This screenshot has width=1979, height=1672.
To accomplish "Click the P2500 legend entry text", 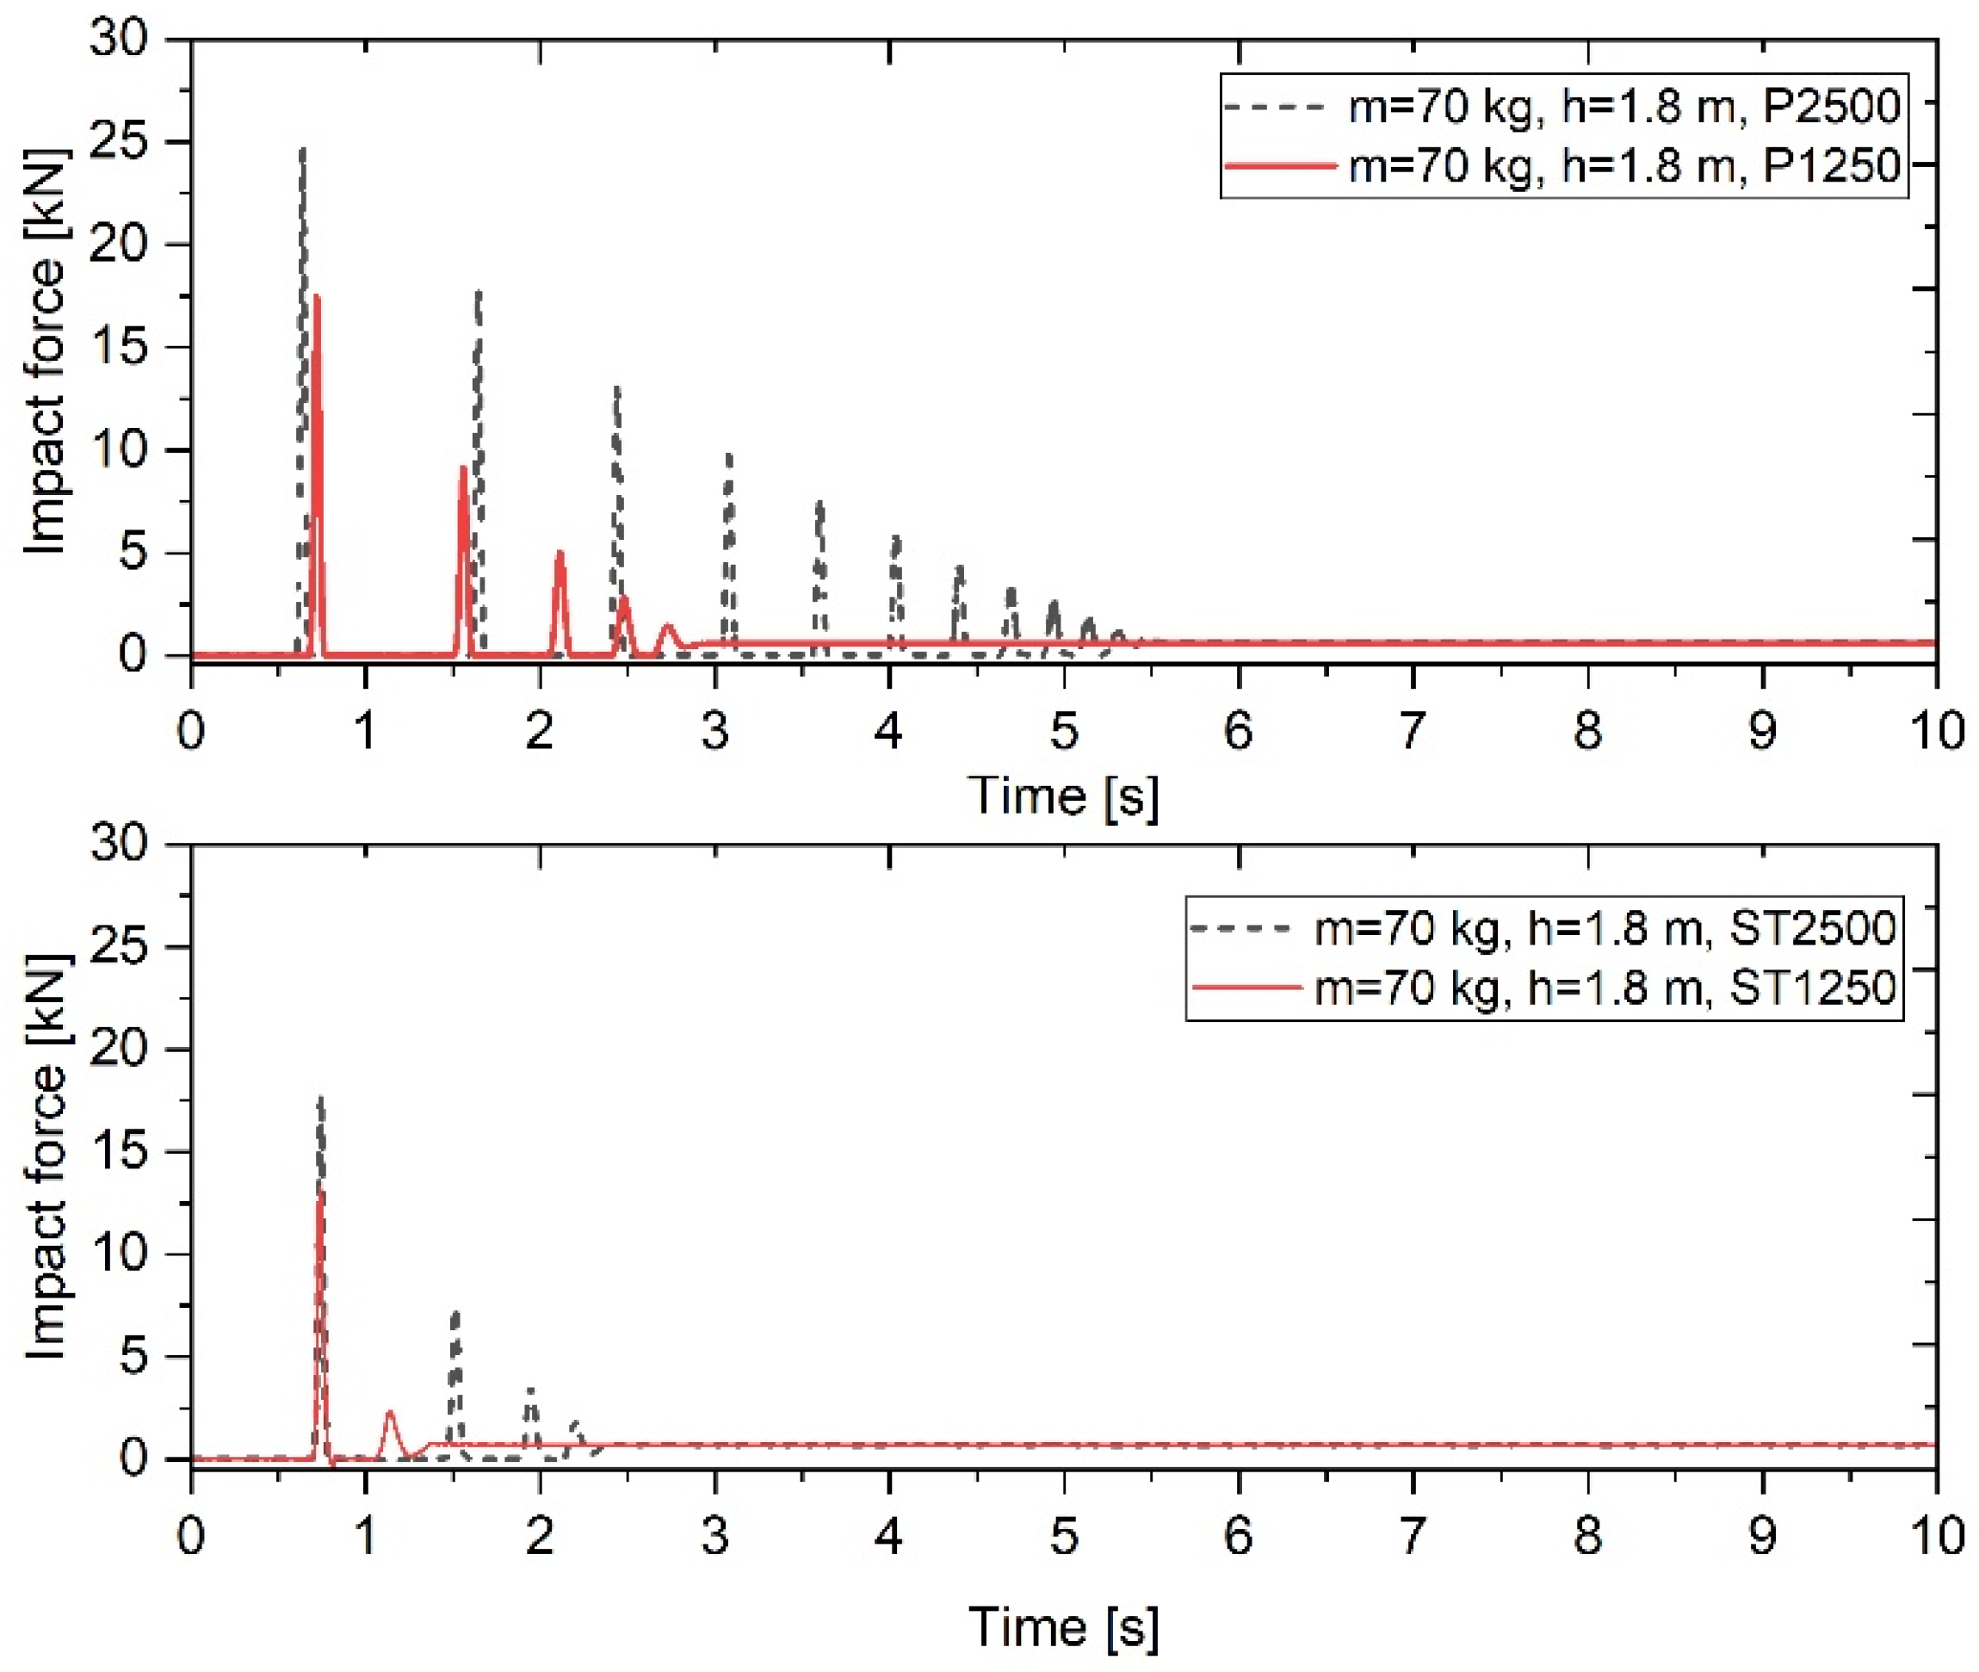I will coord(1624,106).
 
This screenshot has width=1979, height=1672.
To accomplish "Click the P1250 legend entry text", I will coord(1624,166).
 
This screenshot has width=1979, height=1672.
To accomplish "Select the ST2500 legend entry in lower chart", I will coord(1605,927).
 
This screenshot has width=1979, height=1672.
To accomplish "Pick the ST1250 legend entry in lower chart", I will coord(1605,988).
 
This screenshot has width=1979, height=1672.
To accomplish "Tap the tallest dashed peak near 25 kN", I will coord(302,152).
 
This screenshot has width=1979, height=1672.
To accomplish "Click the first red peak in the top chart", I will coord(317,300).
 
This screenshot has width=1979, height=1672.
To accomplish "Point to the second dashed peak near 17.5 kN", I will coord(479,294).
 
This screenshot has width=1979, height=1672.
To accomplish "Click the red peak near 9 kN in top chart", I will coord(463,468).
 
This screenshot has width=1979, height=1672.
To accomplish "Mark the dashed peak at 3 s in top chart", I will coord(729,457).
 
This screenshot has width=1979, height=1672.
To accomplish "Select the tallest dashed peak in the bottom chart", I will coord(320,1100).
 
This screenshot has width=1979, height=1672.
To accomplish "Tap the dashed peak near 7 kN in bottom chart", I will coord(456,1315).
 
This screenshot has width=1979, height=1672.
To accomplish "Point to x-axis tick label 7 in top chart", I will coord(1413,732).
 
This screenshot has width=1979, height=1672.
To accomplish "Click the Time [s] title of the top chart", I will coord(1063,795).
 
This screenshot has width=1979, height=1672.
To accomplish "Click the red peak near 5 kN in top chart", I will coord(560,554).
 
